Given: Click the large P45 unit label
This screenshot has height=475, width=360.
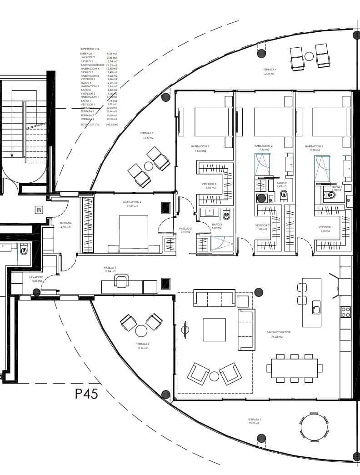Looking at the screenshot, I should [x=86, y=394].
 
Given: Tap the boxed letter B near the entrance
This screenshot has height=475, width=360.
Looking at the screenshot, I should [x=39, y=210].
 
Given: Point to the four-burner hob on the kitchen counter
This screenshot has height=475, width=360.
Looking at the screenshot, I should [x=345, y=312].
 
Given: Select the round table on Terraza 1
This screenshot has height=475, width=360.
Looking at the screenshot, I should [x=314, y=427].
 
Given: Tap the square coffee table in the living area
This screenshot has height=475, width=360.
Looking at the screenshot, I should [x=214, y=330].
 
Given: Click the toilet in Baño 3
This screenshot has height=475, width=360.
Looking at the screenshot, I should [x=227, y=215].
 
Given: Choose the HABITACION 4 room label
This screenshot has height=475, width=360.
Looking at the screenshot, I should [x=131, y=202].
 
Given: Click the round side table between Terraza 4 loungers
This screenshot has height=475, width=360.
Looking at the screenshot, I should [x=309, y=56].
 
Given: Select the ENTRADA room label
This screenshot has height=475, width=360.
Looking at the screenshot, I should [x=65, y=223].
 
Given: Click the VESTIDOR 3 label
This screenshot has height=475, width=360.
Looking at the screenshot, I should [x=209, y=184].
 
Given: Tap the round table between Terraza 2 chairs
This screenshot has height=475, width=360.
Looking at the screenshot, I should [x=141, y=330].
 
